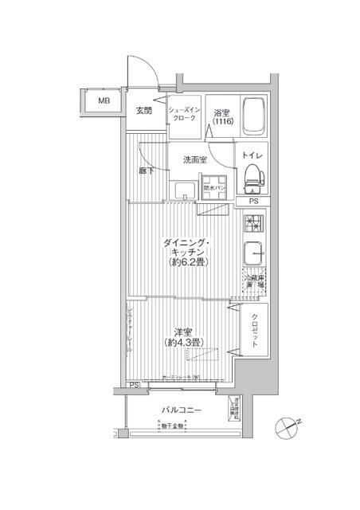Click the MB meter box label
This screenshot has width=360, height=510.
pyautogui.click(x=104, y=101)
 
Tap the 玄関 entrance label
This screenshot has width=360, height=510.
pyautogui.click(x=144, y=110)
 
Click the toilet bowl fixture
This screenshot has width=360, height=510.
pyautogui.click(x=253, y=178)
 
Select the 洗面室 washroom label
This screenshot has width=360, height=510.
pyautogui.click(x=195, y=159)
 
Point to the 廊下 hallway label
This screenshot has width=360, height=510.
pyautogui.click(x=147, y=170)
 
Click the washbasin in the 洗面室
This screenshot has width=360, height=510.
pyautogui.click(x=184, y=190)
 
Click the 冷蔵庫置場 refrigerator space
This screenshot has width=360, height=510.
pyautogui.click(x=255, y=278)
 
